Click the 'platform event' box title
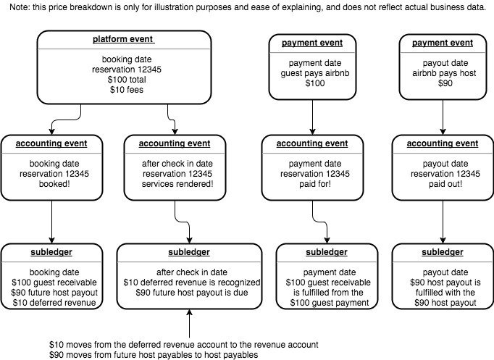pyautogui.click(x=123, y=39)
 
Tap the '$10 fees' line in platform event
pyautogui.click(x=127, y=90)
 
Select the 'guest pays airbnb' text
pyautogui.click(x=315, y=73)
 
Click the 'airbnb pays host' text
pyautogui.click(x=444, y=73)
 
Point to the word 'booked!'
pyautogui.click(x=54, y=184)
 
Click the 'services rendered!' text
pyautogui.click(x=177, y=184)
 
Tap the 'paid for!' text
pyautogui.click(x=315, y=184)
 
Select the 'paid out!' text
pyautogui.click(x=445, y=184)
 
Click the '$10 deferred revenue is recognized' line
pyautogui.click(x=191, y=282)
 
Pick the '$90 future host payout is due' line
pyautogui.click(x=192, y=293)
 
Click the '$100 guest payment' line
pyautogui.click(x=330, y=303)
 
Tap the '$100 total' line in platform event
pyautogui.click(x=127, y=80)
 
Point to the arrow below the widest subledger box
pyautogui.click(x=189, y=324)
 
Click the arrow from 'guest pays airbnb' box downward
pyautogui.click(x=312, y=117)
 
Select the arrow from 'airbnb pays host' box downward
pyautogui.click(x=443, y=117)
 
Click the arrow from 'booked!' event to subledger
pyautogui.click(x=52, y=222)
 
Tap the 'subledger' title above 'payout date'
pyautogui.click(x=443, y=252)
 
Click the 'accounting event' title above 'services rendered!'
pyautogui.click(x=175, y=143)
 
